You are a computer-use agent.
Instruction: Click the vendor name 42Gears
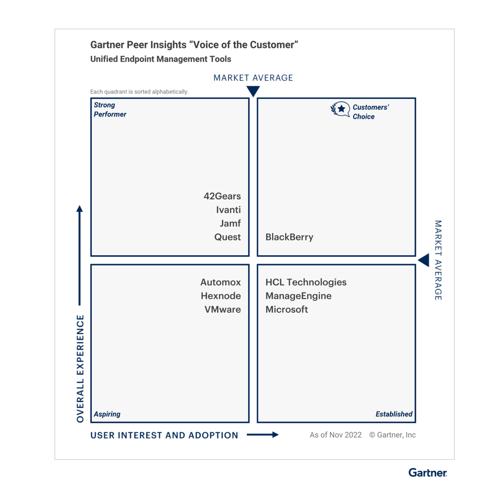coord(222,196)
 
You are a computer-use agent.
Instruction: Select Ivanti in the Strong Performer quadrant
coord(228,210)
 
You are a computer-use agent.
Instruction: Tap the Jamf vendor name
coord(230,224)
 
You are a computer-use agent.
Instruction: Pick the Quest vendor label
coord(228,237)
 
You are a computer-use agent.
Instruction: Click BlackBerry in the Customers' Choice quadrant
coord(289,237)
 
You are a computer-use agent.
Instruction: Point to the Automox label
coord(221,282)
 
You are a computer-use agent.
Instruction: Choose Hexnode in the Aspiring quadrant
coord(221,296)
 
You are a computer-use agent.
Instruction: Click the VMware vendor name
coord(223,309)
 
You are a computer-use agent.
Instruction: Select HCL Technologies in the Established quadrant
coord(306,282)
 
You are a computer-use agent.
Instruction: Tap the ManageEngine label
coord(299,296)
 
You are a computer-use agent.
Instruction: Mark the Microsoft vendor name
coord(287,309)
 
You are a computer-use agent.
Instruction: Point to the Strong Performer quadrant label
coord(110,110)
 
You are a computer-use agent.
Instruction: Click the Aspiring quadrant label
coord(107,414)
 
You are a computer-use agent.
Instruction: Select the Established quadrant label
coord(394,414)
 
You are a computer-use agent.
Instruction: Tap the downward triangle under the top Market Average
coord(253,91)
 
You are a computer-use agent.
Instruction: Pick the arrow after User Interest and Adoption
coord(262,435)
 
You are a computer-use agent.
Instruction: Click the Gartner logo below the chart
coord(427,473)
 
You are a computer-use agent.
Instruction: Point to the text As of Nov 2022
coord(336,435)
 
